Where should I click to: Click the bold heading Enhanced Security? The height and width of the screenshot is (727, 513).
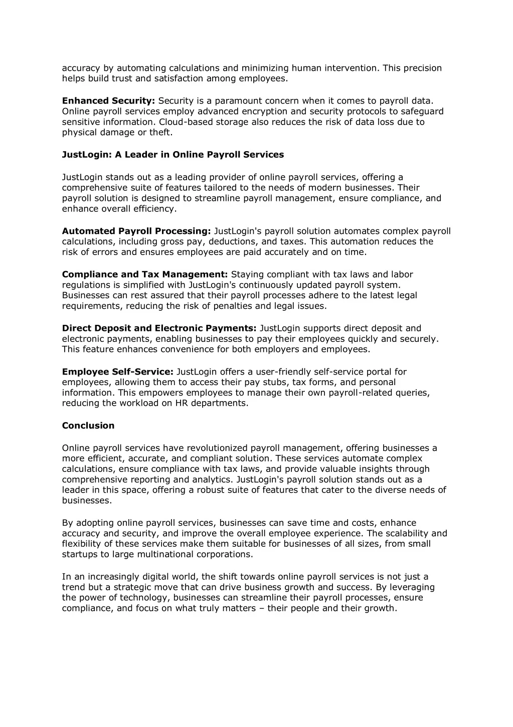pos(108,101)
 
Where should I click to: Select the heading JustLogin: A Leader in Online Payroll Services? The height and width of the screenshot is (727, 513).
pos(173,155)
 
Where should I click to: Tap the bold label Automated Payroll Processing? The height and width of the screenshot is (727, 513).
pos(136,231)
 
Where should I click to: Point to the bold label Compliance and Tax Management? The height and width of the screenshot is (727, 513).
pos(145,274)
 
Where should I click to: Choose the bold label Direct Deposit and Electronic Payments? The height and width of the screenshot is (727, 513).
pos(159,328)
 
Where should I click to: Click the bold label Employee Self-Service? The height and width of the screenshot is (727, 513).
pos(117,372)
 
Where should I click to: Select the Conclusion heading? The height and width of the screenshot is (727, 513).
pos(88,426)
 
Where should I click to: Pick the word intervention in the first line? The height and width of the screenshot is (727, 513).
pos(349,68)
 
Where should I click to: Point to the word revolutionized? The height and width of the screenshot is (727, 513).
pos(218,448)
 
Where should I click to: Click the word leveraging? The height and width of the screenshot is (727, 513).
pos(410,587)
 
